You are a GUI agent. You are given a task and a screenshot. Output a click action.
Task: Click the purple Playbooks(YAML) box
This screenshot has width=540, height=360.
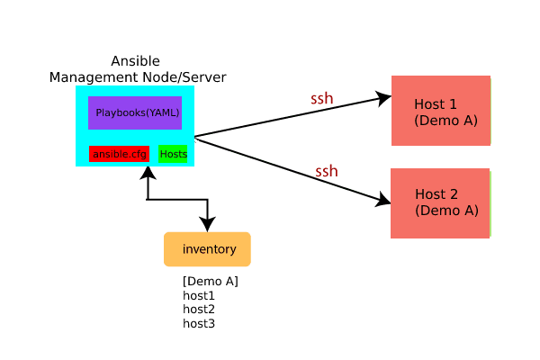click(x=135, y=112)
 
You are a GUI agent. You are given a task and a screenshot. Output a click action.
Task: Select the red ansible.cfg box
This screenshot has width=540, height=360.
click(x=119, y=154)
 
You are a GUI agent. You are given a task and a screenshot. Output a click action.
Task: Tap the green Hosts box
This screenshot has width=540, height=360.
click(x=173, y=154)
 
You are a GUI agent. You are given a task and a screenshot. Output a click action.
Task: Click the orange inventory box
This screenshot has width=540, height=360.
click(x=208, y=248)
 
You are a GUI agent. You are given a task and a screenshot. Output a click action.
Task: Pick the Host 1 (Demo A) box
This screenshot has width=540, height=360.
click(x=441, y=110)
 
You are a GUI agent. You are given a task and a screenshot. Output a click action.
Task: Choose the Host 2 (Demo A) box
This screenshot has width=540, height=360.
click(x=440, y=202)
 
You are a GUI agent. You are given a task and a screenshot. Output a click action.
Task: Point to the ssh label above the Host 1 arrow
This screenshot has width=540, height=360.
click(x=322, y=98)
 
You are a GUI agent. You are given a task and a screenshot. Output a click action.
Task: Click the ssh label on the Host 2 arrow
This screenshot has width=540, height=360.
click(x=327, y=170)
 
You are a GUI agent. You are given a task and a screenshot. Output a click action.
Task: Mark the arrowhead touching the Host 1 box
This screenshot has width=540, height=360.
click(x=383, y=97)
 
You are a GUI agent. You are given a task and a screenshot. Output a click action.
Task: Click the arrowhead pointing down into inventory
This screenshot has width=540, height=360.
click(x=208, y=225)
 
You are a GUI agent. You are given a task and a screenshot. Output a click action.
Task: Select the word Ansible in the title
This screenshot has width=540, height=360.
click(x=135, y=61)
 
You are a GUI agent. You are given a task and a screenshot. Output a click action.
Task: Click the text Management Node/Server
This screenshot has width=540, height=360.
click(x=137, y=77)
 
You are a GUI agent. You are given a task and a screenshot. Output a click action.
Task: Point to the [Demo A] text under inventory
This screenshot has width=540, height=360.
click(x=210, y=281)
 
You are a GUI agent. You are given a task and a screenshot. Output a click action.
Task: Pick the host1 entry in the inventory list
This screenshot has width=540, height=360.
click(x=199, y=295)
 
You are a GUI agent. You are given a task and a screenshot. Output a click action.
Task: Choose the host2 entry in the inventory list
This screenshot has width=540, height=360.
click(x=199, y=309)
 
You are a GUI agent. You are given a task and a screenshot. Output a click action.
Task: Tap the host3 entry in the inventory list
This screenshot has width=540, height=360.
click(x=199, y=322)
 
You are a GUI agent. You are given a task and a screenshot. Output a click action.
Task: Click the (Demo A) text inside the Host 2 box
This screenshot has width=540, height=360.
click(x=446, y=211)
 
